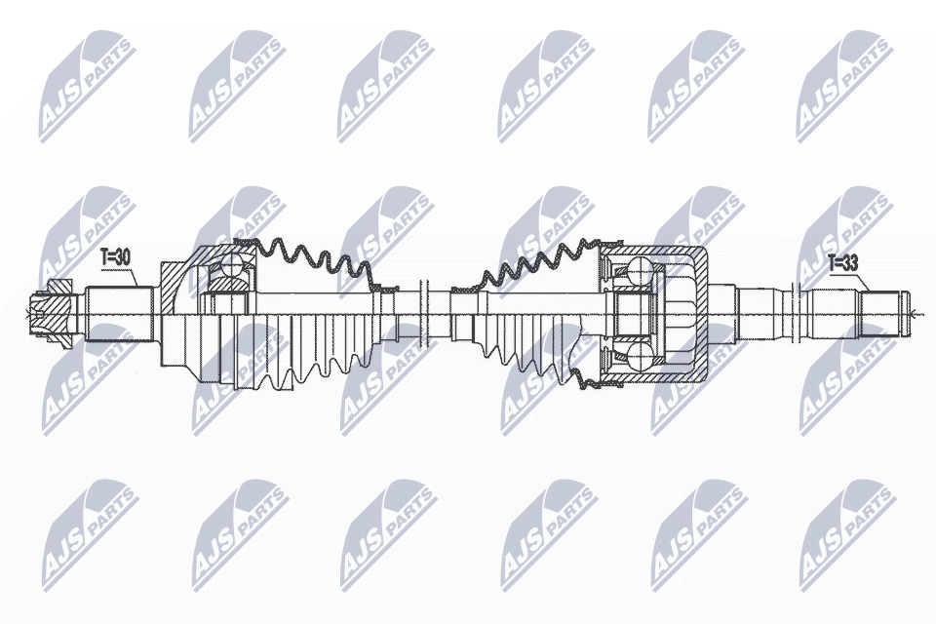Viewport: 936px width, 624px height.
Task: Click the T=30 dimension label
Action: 115,258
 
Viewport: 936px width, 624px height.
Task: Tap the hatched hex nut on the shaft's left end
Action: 52,316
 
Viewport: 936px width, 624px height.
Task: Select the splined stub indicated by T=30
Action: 119,315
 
